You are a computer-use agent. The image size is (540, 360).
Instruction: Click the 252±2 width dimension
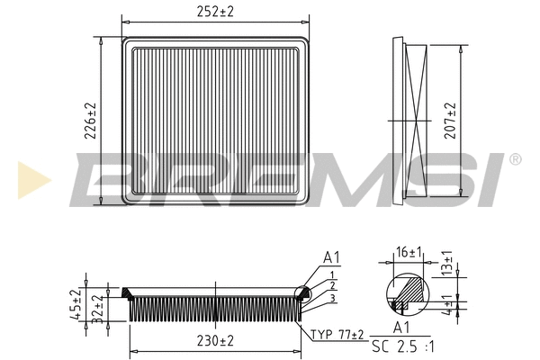(216, 11)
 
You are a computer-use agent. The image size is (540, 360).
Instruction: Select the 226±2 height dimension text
(89, 120)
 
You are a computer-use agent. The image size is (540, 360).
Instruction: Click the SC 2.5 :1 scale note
(403, 346)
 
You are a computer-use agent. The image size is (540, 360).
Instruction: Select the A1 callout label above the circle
(333, 257)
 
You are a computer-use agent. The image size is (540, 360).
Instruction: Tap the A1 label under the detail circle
(402, 328)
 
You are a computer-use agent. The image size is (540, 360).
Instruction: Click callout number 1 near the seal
(332, 274)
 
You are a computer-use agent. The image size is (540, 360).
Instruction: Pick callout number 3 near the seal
(332, 298)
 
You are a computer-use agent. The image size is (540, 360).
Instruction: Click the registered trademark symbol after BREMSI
(515, 159)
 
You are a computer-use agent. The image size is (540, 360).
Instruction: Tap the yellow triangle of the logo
(32, 178)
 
